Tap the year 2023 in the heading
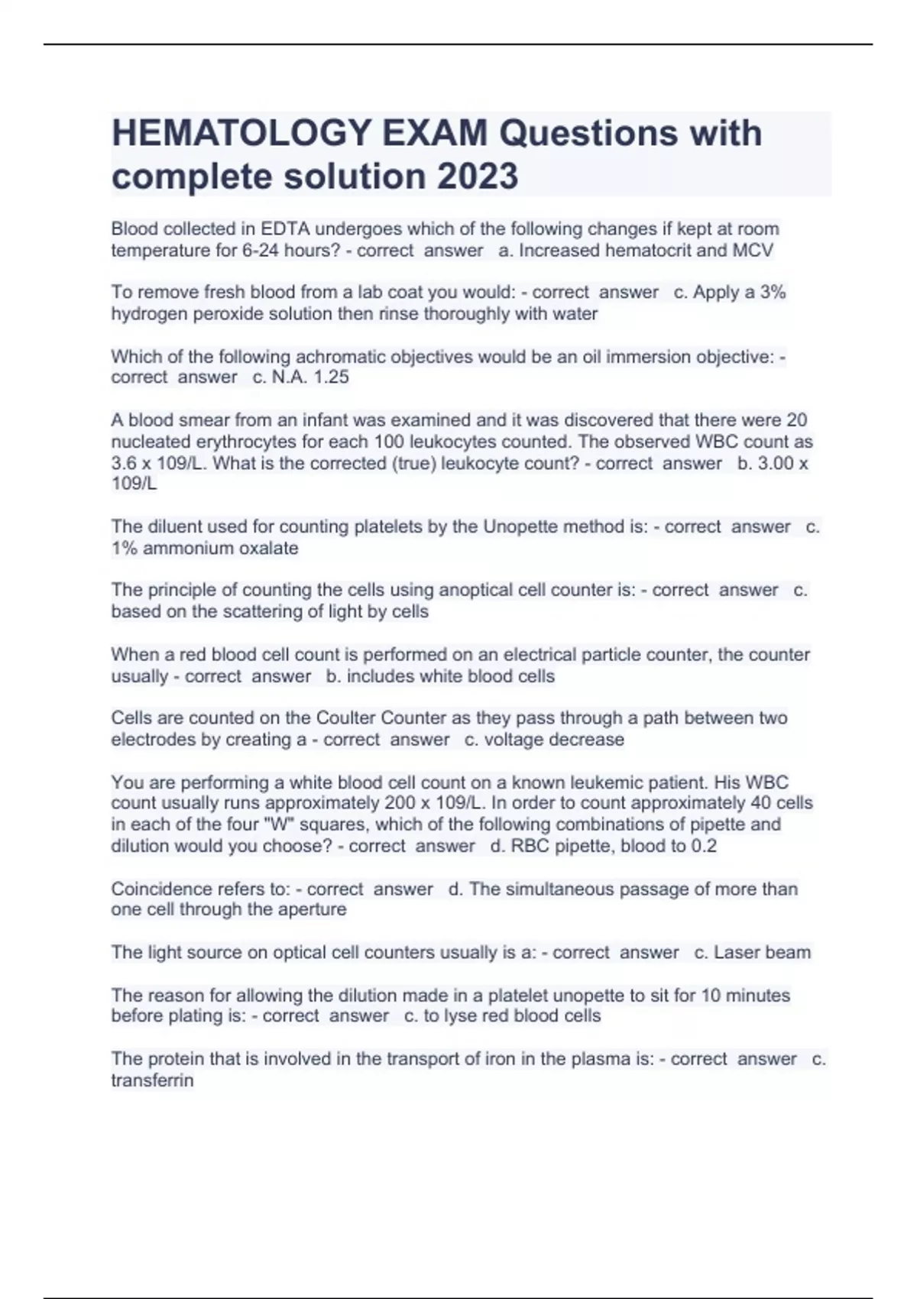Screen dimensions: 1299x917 click(x=477, y=177)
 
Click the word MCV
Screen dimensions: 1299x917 click(x=752, y=250)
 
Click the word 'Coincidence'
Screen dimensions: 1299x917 click(x=161, y=889)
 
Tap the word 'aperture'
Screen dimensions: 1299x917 click(x=315, y=909)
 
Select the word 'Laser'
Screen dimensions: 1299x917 click(x=737, y=952)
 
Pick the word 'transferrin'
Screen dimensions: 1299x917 click(x=152, y=1080)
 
